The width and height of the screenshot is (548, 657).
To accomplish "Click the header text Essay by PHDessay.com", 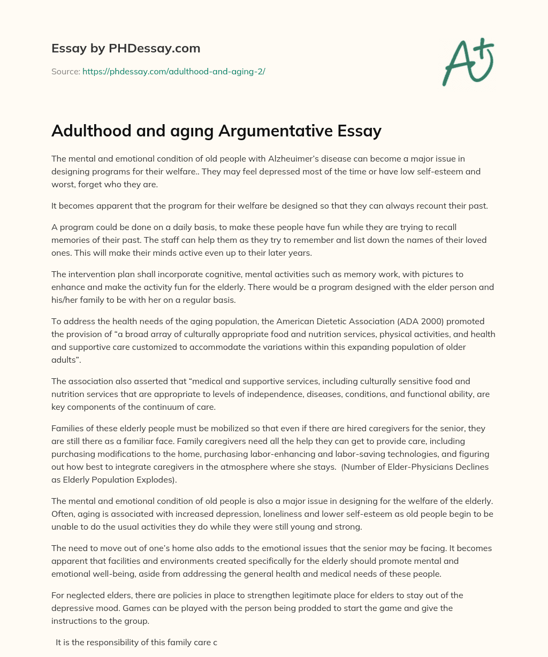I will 126,49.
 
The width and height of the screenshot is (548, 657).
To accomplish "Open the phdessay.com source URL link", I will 173,71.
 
